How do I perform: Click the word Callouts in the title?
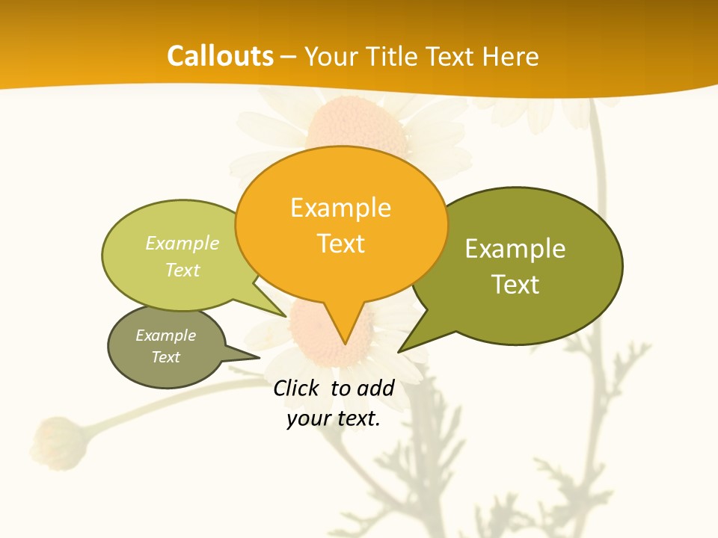[220, 57]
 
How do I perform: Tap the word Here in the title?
[512, 57]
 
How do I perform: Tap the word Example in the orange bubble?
[340, 208]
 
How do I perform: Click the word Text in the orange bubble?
[341, 244]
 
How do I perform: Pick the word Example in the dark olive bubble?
[515, 249]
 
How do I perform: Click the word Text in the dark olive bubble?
[515, 285]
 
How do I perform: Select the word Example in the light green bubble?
[182, 244]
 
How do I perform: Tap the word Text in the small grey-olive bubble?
[166, 357]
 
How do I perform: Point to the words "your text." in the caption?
[334, 419]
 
